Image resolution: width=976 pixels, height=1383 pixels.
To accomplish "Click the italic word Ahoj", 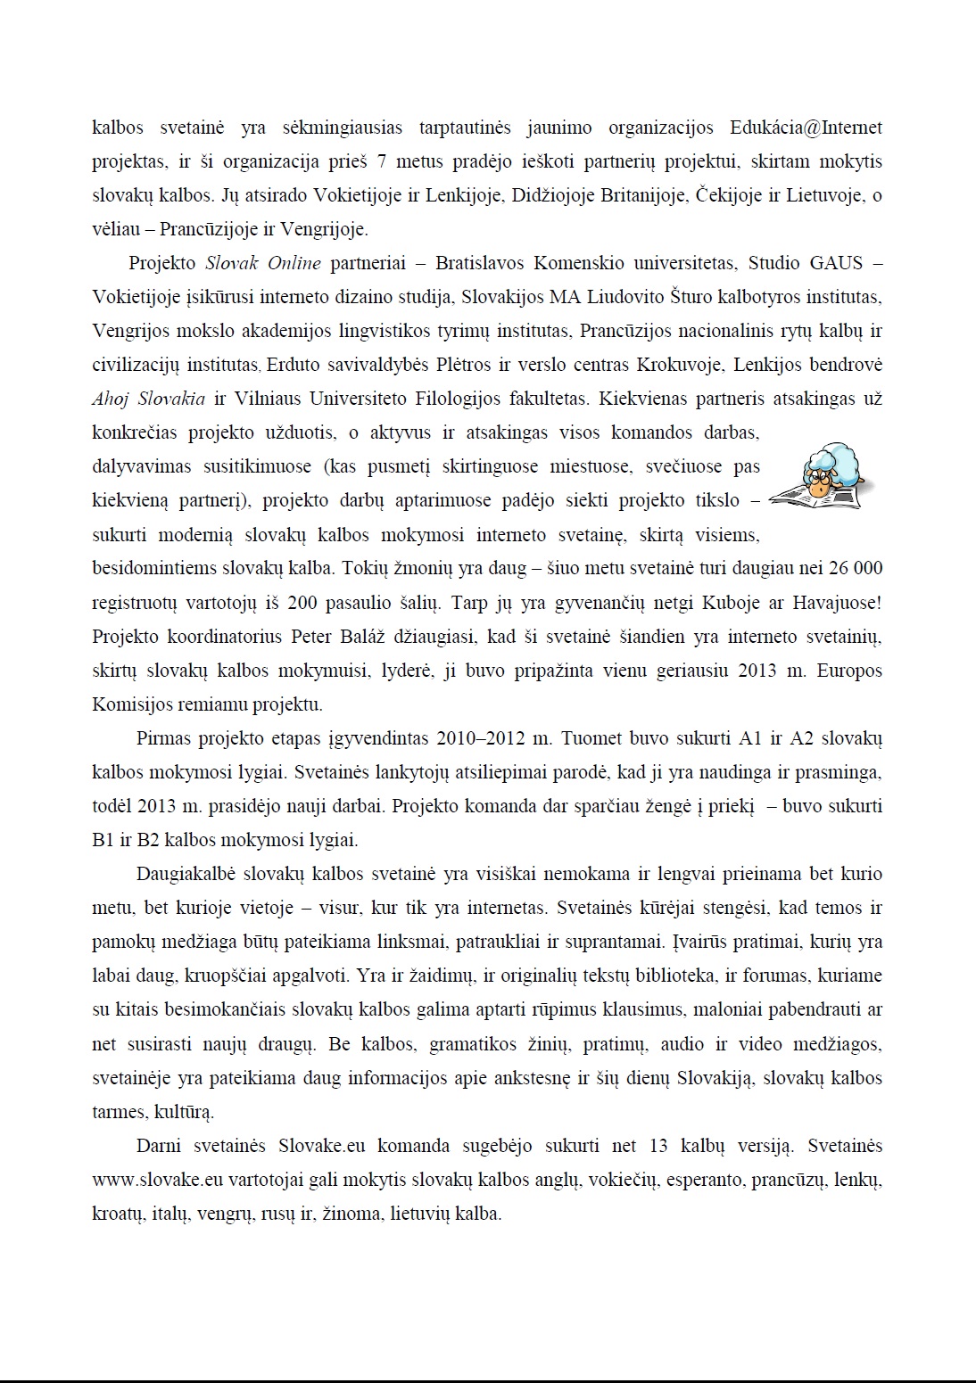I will pos(110,399).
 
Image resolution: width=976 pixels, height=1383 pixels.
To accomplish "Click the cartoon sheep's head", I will pos(830,469).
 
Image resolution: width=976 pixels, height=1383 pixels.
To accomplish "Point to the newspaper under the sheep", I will pos(815,496).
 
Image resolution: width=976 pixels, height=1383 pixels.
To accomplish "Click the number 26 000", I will pos(856,568).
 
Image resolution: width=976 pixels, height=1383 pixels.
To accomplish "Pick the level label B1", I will pos(103,840).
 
